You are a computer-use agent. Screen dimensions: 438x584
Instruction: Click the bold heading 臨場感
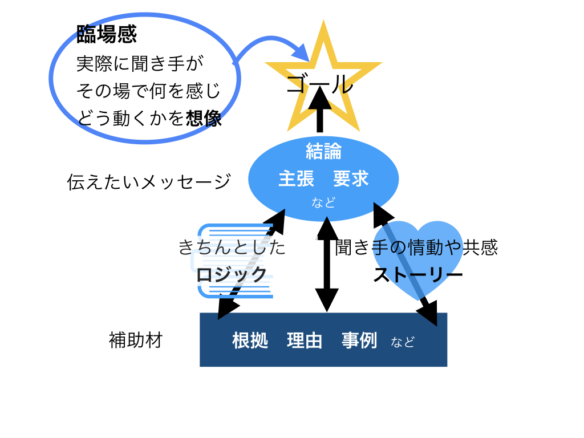[x=107, y=35]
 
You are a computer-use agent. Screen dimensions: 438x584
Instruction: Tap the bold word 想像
[x=204, y=118]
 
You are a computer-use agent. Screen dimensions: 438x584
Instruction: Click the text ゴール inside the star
[x=320, y=85]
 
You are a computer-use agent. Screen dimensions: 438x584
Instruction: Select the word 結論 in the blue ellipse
[x=323, y=151]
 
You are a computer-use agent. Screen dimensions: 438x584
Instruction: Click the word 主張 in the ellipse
[x=296, y=179]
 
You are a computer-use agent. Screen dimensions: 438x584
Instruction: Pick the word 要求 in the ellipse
[x=351, y=179]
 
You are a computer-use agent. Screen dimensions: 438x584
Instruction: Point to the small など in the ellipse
[x=323, y=202]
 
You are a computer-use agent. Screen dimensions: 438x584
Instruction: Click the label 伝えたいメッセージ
[x=149, y=182]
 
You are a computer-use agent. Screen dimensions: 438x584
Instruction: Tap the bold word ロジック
[x=232, y=274]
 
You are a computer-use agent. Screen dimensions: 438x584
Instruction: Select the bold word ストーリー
[x=418, y=275]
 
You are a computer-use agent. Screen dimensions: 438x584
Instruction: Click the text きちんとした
[x=232, y=248]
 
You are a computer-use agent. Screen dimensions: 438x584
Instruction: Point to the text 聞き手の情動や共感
[x=417, y=248]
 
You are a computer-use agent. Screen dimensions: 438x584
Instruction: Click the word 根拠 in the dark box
[x=250, y=340]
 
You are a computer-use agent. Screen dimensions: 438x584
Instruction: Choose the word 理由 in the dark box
[x=305, y=340]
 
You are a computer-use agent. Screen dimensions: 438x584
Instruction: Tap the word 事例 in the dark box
[x=359, y=340]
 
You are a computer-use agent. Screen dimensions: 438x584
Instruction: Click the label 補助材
[x=136, y=340]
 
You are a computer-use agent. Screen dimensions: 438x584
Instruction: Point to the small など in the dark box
[x=403, y=342]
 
